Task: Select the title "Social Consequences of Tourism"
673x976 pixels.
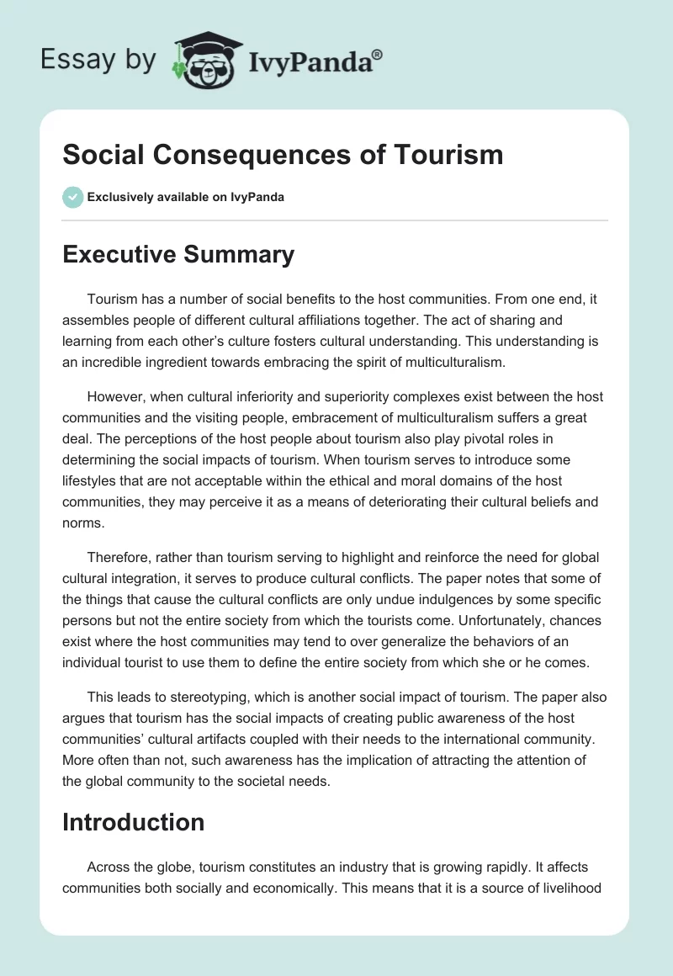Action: tap(283, 155)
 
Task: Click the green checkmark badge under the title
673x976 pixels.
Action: tap(72, 198)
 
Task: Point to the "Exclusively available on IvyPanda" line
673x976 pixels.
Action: tap(186, 198)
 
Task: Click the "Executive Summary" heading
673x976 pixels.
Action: tap(178, 255)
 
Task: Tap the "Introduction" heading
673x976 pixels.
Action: tap(133, 822)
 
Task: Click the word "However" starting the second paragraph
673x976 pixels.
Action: tap(113, 396)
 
